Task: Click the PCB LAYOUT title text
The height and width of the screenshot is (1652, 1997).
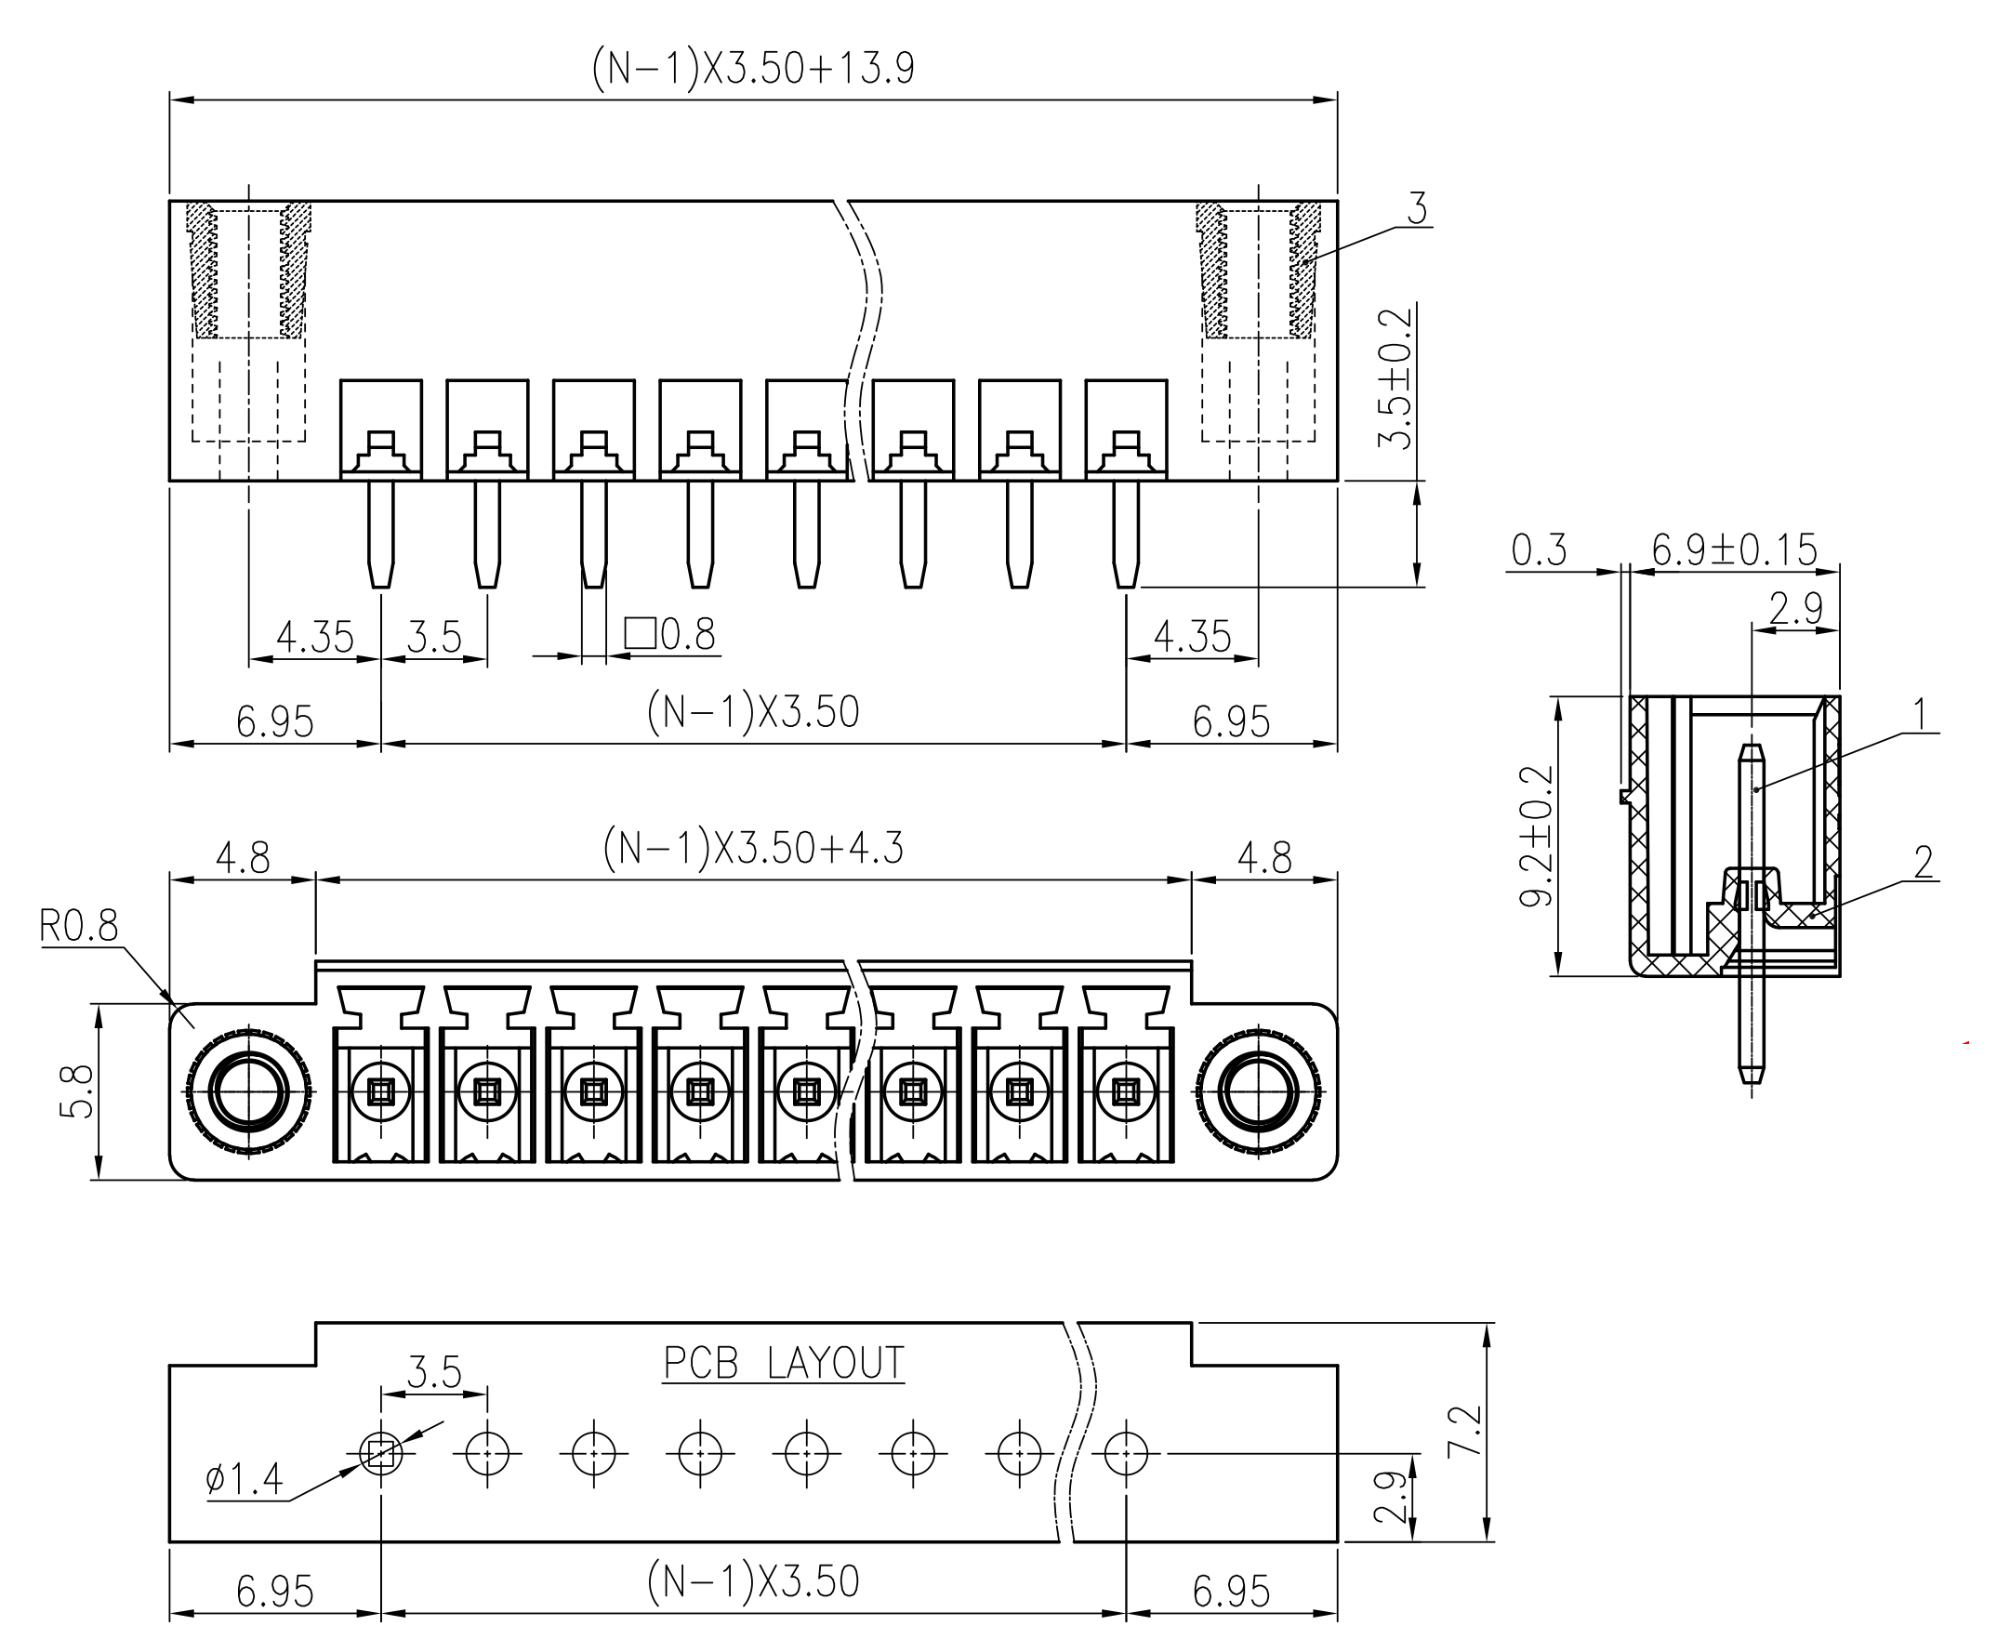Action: click(783, 1363)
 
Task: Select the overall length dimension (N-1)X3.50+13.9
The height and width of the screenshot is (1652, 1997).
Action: click(753, 69)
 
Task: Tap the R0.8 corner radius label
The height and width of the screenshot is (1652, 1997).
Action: click(79, 925)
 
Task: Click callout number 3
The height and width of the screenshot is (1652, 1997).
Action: click(1417, 208)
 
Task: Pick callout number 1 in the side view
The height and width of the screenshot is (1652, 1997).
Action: click(1919, 714)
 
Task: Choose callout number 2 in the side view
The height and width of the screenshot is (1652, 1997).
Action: click(1923, 862)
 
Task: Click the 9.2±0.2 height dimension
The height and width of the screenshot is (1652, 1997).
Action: click(1537, 835)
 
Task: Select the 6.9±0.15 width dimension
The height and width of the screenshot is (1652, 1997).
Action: click(1734, 549)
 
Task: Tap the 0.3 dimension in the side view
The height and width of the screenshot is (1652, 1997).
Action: click(1538, 550)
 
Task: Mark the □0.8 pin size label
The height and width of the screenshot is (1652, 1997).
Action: click(670, 634)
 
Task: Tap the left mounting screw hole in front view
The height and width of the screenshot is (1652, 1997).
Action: click(249, 1090)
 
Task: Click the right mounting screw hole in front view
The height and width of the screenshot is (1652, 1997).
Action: click(1258, 1090)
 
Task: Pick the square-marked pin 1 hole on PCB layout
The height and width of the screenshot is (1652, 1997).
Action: click(380, 1453)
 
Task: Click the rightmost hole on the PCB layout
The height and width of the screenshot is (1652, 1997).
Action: click(1126, 1453)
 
